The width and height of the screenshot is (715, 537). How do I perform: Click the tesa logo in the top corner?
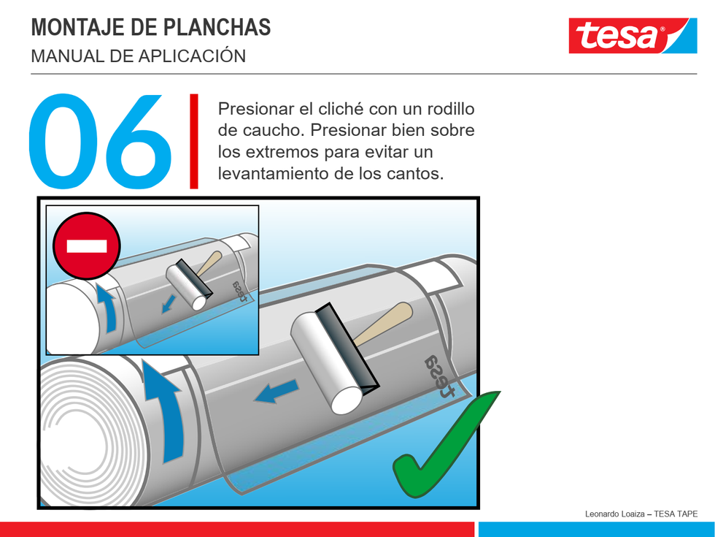[633, 36]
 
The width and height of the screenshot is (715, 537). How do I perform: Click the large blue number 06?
[100, 141]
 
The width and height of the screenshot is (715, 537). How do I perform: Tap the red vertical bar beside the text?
[194, 141]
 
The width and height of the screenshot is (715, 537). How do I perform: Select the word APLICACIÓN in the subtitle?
[192, 56]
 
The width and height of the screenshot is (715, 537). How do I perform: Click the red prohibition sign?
[87, 246]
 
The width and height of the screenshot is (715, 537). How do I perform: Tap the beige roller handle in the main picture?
[383, 324]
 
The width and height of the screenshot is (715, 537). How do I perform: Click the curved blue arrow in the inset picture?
[108, 308]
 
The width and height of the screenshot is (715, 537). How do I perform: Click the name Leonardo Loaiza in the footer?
[614, 514]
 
